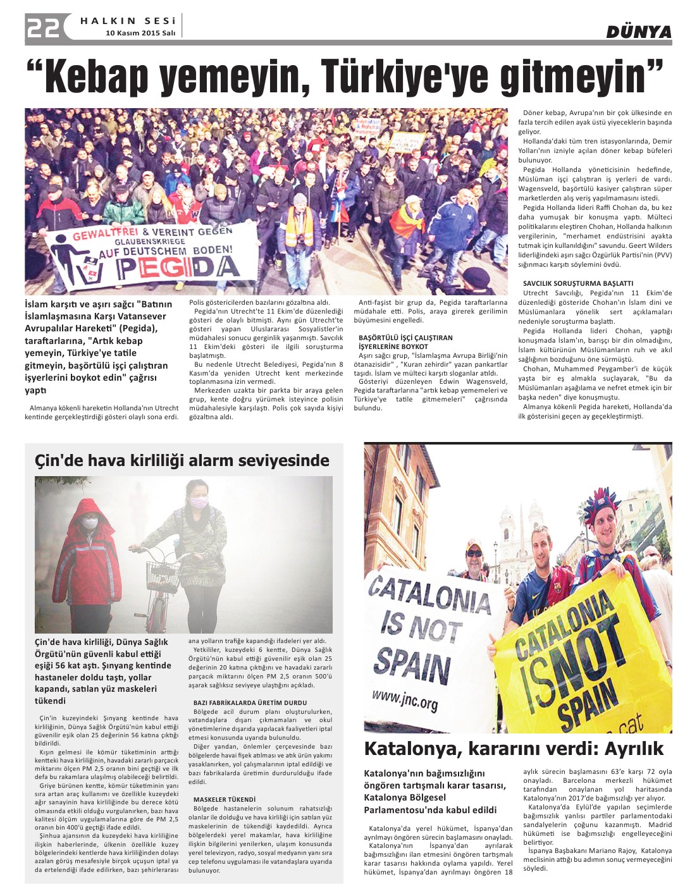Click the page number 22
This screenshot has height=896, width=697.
44,27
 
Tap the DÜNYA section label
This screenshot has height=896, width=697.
638,32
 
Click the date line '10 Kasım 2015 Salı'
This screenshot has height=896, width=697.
140,33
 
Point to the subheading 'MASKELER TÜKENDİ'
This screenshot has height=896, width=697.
225,799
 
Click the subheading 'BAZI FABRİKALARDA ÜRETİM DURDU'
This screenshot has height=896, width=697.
250,703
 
